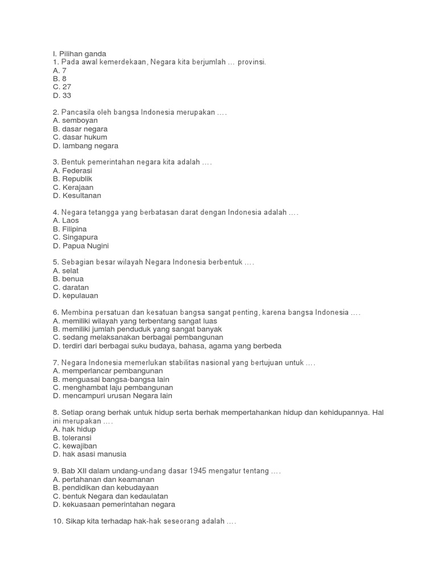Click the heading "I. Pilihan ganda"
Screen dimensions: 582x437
pyautogui.click(x=79, y=53)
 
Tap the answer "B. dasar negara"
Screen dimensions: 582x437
pyautogui.click(x=80, y=129)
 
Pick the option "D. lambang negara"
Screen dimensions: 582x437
pyautogui.click(x=85, y=145)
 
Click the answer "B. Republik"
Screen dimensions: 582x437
pyautogui.click(x=72, y=178)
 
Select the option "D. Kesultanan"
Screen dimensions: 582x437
pyautogui.click(x=77, y=196)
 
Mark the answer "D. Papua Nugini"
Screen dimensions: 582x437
pyautogui.click(x=80, y=246)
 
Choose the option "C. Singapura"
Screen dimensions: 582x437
pyautogui.click(x=75, y=237)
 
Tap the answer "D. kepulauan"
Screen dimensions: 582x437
pyautogui.click(x=75, y=296)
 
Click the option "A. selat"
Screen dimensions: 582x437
pyautogui.click(x=65, y=271)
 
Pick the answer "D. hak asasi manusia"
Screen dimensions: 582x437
pyautogui.click(x=89, y=454)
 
